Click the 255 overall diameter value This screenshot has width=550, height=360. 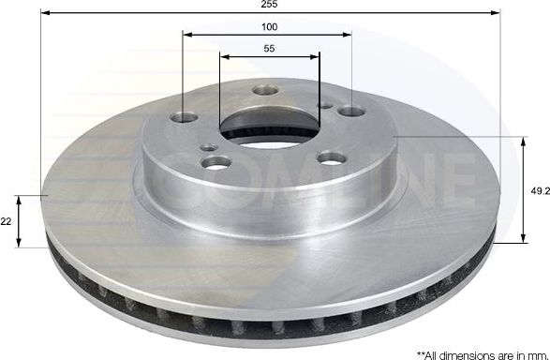(x=270, y=5)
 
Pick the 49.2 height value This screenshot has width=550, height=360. (x=538, y=189)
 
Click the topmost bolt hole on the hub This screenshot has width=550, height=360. (x=263, y=91)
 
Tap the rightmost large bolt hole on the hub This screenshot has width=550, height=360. (x=351, y=112)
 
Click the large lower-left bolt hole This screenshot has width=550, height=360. (x=215, y=163)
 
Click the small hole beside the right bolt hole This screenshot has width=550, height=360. (x=324, y=106)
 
